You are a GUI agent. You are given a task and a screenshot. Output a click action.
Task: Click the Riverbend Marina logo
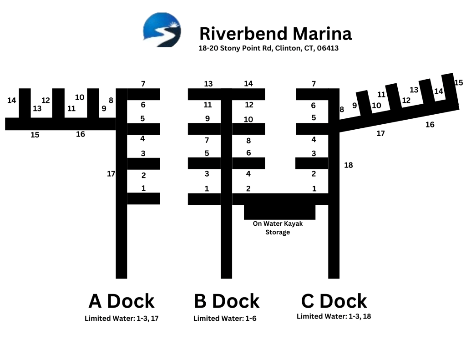pyautogui.click(x=162, y=30)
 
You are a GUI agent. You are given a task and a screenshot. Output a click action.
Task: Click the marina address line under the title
pyautogui.click(x=268, y=48)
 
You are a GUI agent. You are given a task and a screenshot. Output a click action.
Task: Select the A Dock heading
pyautogui.click(x=122, y=301)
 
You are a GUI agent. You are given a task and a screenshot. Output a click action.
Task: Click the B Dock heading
pyautogui.click(x=227, y=301)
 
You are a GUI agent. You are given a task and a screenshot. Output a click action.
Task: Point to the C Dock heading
pyautogui.click(x=334, y=301)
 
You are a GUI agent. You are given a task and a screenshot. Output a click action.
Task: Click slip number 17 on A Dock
pyautogui.click(x=111, y=173)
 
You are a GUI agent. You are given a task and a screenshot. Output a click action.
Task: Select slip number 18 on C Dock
pyautogui.click(x=348, y=165)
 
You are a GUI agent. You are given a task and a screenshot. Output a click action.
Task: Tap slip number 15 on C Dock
pyautogui.click(x=459, y=82)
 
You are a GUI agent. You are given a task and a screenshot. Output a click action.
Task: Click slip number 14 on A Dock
pyautogui.click(x=12, y=100)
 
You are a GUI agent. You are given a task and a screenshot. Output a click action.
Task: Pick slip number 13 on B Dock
pyautogui.click(x=208, y=84)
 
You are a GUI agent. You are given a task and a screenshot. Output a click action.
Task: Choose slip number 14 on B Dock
pyautogui.click(x=248, y=84)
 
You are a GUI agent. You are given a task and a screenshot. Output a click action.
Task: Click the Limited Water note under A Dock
pyautogui.click(x=122, y=319)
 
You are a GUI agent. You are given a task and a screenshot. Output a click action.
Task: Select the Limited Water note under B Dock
pyautogui.click(x=225, y=319)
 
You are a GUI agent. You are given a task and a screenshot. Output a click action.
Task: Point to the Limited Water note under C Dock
pyautogui.click(x=334, y=316)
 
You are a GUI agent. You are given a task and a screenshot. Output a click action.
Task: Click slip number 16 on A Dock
pyautogui.click(x=80, y=134)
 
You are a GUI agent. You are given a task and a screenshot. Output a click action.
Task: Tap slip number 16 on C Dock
pyautogui.click(x=430, y=124)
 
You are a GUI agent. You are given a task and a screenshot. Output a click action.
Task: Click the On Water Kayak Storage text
pyautogui.click(x=278, y=228)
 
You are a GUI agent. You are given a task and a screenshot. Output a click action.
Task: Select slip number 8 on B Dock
pyautogui.click(x=248, y=141)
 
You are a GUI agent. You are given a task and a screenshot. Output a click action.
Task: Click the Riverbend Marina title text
pyautogui.click(x=275, y=34)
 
